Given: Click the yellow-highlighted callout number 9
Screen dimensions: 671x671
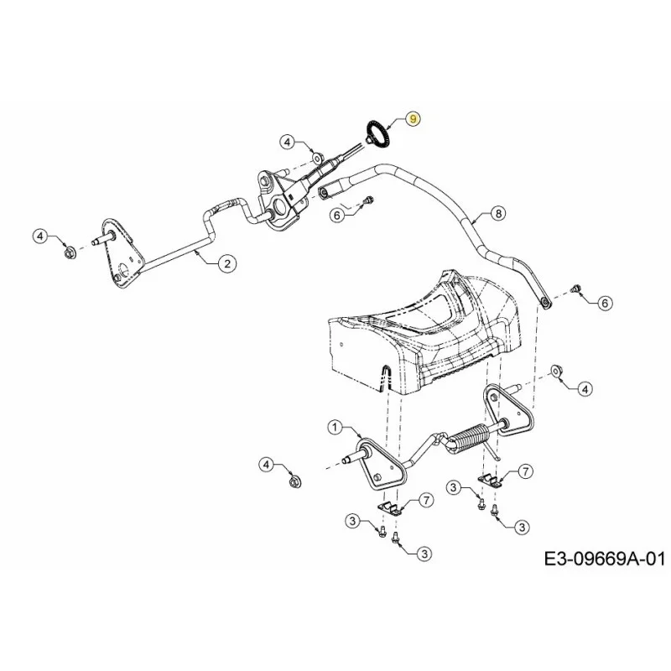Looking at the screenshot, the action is click(x=413, y=118).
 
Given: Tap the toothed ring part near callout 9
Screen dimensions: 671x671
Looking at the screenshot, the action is click(x=374, y=134).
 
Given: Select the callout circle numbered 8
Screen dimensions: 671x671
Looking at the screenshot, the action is click(x=498, y=213).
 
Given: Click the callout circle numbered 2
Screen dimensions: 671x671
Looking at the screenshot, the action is click(x=226, y=263).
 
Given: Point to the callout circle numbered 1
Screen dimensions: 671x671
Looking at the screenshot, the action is click(x=335, y=427).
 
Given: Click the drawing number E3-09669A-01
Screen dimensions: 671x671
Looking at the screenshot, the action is click(x=604, y=559).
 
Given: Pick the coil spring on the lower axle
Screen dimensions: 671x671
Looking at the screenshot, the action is click(x=469, y=437).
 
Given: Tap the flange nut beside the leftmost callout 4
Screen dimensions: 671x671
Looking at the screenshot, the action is click(x=70, y=253).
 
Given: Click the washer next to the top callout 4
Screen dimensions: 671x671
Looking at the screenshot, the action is click(x=316, y=159).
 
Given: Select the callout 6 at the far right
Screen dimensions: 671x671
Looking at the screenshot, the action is click(x=604, y=304).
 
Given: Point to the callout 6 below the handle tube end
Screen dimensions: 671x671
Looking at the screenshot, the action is click(x=337, y=215).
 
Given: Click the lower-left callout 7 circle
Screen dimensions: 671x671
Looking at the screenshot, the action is click(x=426, y=500).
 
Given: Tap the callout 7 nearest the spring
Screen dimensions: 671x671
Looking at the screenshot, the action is click(x=525, y=471).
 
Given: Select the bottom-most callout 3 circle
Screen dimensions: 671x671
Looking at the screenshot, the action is click(x=424, y=554).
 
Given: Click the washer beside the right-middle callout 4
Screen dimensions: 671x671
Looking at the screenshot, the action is click(x=556, y=371).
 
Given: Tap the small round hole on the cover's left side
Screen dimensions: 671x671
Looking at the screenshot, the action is click(x=341, y=344).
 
